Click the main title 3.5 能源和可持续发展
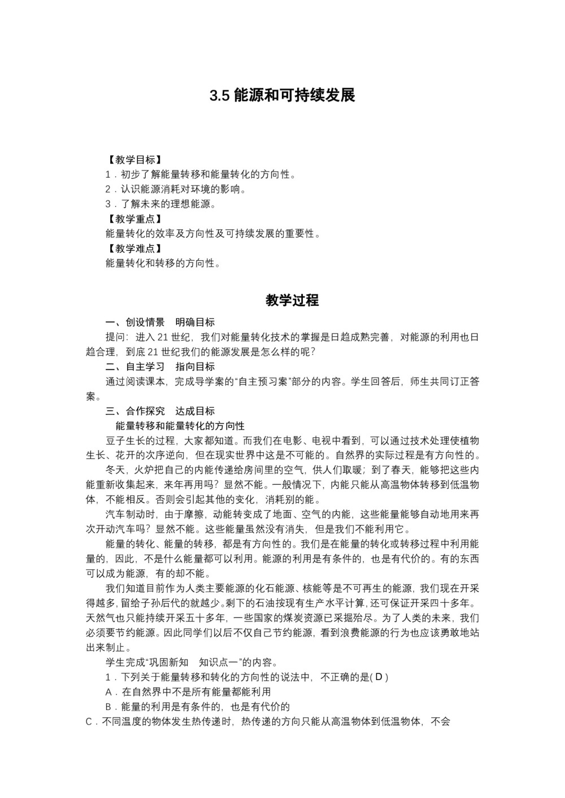pyautogui.click(x=282, y=95)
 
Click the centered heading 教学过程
pyautogui.click(x=292, y=300)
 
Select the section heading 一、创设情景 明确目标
pyautogui.click(x=160, y=322)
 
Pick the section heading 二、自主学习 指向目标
pyautogui.click(x=160, y=367)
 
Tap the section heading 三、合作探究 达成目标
pyautogui.click(x=160, y=411)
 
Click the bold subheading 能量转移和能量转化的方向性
pyautogui.click(x=180, y=426)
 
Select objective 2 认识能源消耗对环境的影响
pyautogui.click(x=176, y=189)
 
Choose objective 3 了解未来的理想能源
pyautogui.click(x=161, y=204)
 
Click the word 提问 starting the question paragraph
pyautogui.click(x=116, y=337)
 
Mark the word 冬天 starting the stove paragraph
pyautogui.click(x=116, y=470)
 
